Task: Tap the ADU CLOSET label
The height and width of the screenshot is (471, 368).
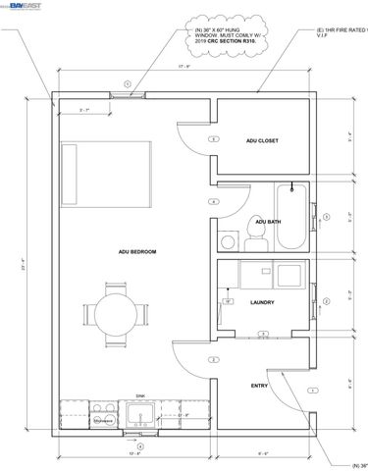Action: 262,140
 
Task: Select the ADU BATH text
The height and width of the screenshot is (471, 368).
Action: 267,222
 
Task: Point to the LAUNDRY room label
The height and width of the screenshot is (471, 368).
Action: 262,302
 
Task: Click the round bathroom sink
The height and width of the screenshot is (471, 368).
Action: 227,239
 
